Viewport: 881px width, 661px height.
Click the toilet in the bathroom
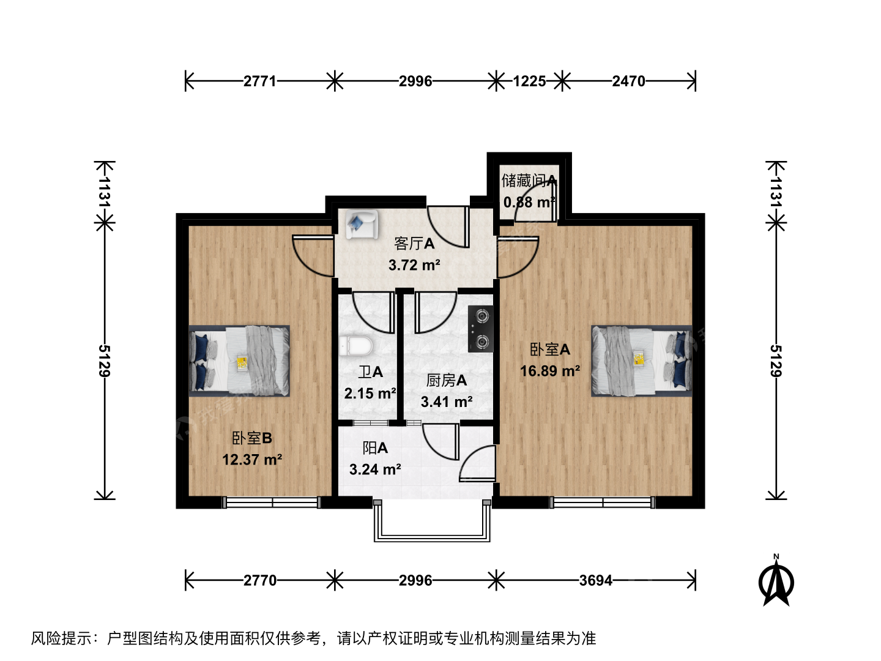click(355, 346)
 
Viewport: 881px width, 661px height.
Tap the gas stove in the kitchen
click(480, 329)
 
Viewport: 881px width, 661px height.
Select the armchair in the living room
click(362, 225)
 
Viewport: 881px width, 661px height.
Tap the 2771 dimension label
click(260, 81)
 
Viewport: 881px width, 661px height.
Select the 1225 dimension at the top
click(529, 81)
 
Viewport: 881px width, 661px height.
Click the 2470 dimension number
click(628, 81)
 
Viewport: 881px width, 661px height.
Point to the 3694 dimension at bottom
click(596, 580)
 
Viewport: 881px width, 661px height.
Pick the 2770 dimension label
click(260, 580)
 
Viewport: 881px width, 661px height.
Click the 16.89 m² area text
click(550, 371)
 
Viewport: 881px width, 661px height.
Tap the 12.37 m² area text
click(252, 459)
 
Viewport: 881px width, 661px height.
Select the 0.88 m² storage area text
click(529, 202)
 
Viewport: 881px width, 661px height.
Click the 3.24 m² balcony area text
click(375, 469)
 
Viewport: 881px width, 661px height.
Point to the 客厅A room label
click(414, 243)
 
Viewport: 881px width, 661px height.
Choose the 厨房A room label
click(447, 380)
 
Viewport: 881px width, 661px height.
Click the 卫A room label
click(371, 372)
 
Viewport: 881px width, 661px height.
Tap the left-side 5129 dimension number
click(105, 361)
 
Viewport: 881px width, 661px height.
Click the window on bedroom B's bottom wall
click(272, 502)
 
